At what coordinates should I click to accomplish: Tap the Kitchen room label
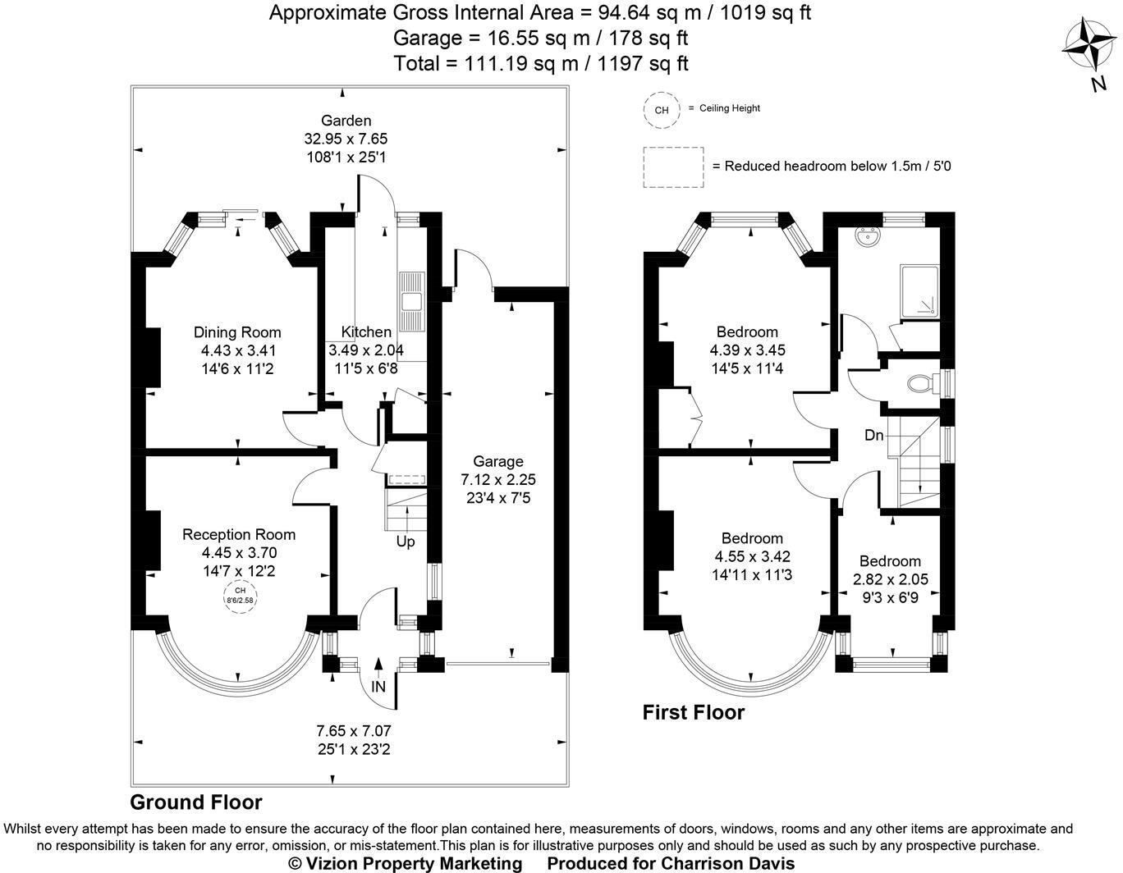pyautogui.click(x=366, y=331)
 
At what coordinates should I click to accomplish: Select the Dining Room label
pyautogui.click(x=237, y=332)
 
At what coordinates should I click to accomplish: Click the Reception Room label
pyautogui.click(x=239, y=534)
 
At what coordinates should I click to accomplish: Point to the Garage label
pyautogui.click(x=498, y=461)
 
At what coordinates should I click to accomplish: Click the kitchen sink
pyautogui.click(x=412, y=302)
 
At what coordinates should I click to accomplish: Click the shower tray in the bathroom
pyautogui.click(x=919, y=292)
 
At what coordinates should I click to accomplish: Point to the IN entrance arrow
pyautogui.click(x=378, y=665)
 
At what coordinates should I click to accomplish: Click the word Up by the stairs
pyautogui.click(x=406, y=542)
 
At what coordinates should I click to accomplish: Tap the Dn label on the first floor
pyautogui.click(x=874, y=436)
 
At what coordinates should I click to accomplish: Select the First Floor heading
pyautogui.click(x=694, y=712)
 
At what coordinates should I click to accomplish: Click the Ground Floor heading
pyautogui.click(x=196, y=802)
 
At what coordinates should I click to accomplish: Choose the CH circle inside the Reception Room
pyautogui.click(x=241, y=596)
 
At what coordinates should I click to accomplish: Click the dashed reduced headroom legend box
pyautogui.click(x=673, y=167)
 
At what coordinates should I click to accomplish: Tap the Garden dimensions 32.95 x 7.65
pyautogui.click(x=346, y=139)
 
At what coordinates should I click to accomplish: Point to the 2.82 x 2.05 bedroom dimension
pyautogui.click(x=891, y=579)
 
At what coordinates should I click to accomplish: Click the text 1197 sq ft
pyautogui.click(x=643, y=63)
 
